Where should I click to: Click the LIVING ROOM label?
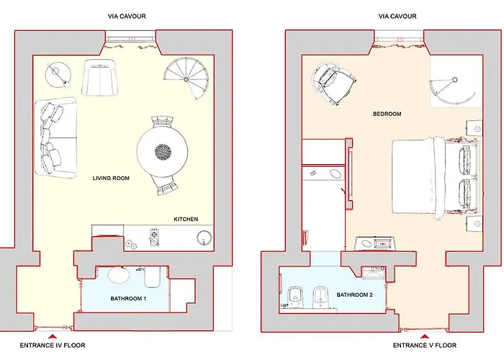[x=110, y=178]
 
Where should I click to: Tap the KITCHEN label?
[x=186, y=219]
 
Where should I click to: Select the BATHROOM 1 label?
[x=130, y=298]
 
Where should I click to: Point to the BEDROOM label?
[x=387, y=114]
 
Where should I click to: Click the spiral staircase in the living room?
[x=186, y=80]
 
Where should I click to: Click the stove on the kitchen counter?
[x=153, y=236]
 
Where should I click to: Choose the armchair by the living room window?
[x=100, y=77]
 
